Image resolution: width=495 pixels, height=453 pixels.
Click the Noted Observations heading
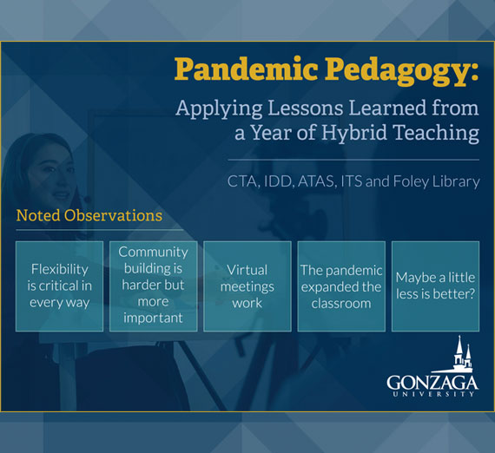89,215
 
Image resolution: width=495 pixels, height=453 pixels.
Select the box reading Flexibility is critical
60,286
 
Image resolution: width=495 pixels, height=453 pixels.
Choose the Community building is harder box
153,286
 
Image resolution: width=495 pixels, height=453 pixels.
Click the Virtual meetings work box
247,286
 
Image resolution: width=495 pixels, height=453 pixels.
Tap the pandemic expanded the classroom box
340,286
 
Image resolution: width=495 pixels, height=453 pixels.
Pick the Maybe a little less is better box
435,286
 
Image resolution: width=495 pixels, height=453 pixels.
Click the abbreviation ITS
358,182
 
